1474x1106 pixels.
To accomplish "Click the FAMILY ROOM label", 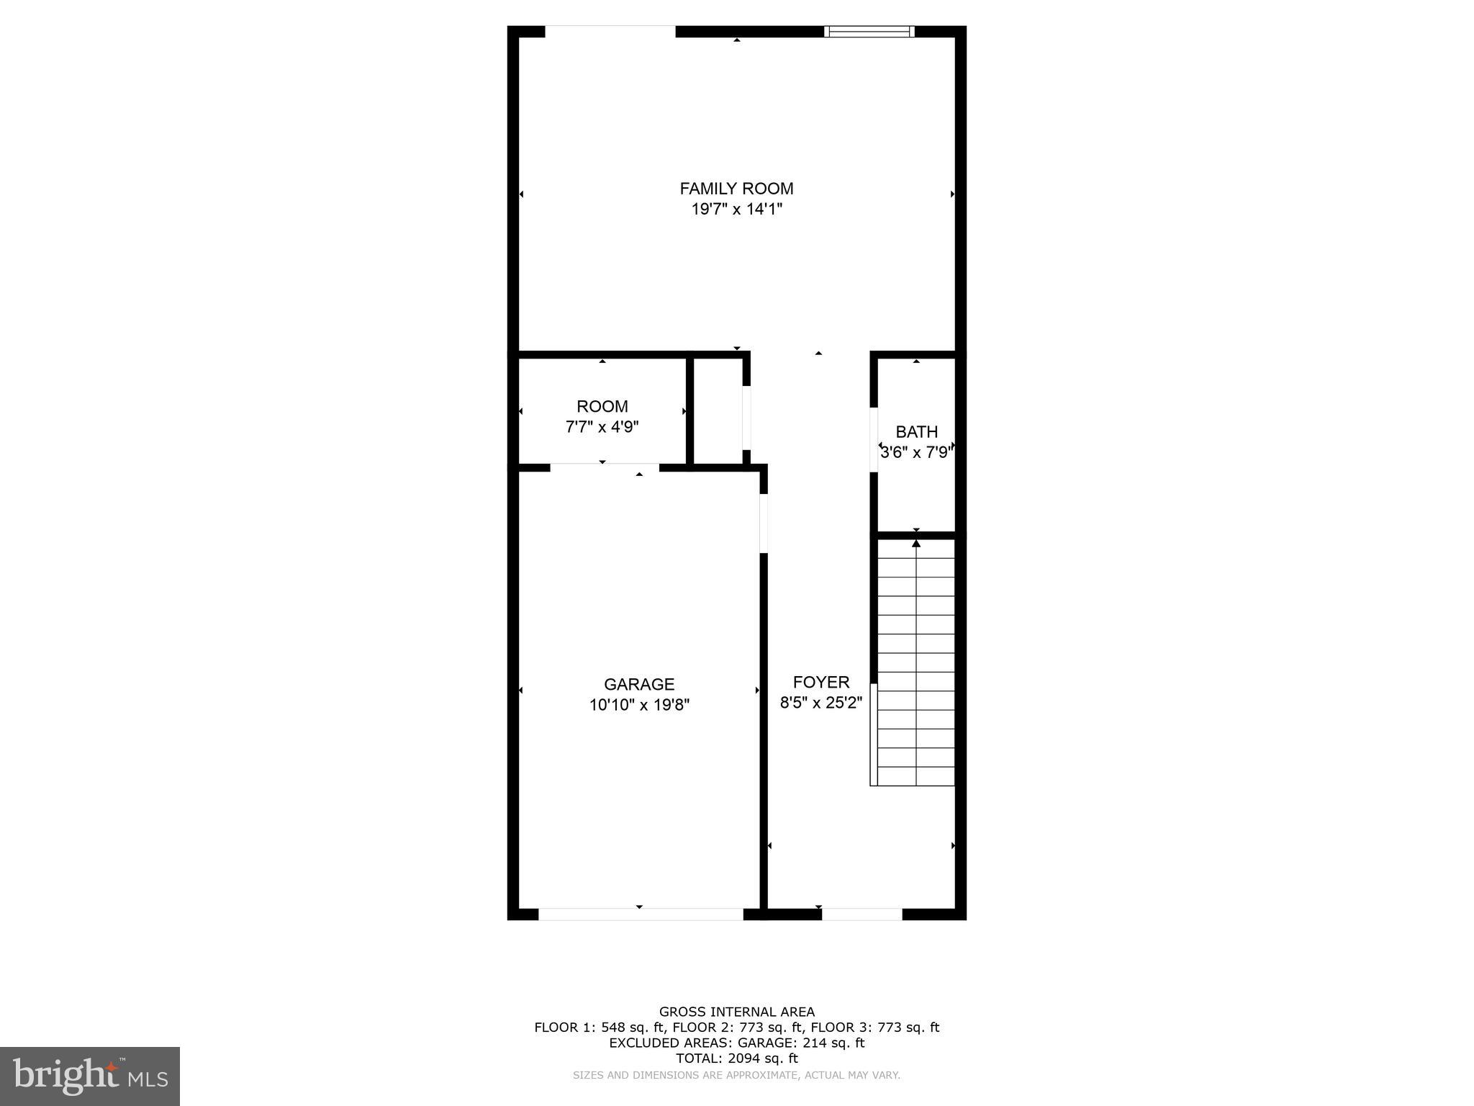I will pyautogui.click(x=736, y=189).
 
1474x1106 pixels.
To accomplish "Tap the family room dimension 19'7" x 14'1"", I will pyautogui.click(x=736, y=210).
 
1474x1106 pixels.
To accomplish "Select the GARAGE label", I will pyautogui.click(x=639, y=684).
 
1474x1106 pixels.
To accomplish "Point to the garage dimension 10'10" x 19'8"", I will pyautogui.click(x=639, y=705).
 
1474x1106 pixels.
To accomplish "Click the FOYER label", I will pyautogui.click(x=821, y=682).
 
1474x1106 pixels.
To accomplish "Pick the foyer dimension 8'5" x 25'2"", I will pyautogui.click(x=821, y=703).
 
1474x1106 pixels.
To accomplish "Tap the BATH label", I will pyautogui.click(x=916, y=432).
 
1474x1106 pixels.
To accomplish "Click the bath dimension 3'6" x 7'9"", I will pyautogui.click(x=916, y=453).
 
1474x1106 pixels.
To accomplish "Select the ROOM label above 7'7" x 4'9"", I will pyautogui.click(x=602, y=406).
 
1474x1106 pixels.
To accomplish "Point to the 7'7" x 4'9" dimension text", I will pyautogui.click(x=602, y=427).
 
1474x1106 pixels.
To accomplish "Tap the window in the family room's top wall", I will pyautogui.click(x=869, y=32).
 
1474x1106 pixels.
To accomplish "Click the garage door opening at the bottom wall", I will pyautogui.click(x=641, y=914).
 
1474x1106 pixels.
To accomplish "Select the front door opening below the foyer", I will pyautogui.click(x=862, y=914).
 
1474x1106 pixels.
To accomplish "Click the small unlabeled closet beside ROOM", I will pyautogui.click(x=718, y=410).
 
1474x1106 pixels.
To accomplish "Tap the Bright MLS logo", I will pyautogui.click(x=90, y=1076).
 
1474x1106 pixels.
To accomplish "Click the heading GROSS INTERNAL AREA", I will pyautogui.click(x=736, y=1012).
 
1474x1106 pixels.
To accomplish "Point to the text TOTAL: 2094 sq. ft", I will pyautogui.click(x=736, y=1058).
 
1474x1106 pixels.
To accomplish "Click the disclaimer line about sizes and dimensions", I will pyautogui.click(x=736, y=1075).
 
